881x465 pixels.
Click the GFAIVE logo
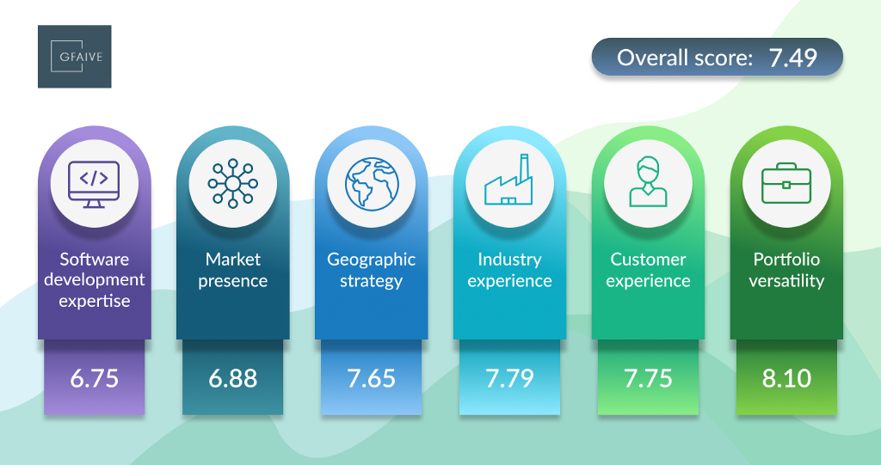[75, 56]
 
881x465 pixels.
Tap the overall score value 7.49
[792, 58]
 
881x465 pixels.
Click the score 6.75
[95, 378]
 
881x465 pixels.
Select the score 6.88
[232, 378]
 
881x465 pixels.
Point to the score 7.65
[372, 378]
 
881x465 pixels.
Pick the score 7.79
[509, 378]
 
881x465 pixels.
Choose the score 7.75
[648, 378]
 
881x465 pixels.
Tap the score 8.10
[786, 378]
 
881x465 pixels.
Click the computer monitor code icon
[94, 184]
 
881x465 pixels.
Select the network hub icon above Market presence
[232, 184]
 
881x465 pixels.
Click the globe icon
[372, 184]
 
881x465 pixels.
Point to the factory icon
[508, 180]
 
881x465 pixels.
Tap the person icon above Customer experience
[649, 182]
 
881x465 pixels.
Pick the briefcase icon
[786, 183]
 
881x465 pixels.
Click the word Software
[95, 259]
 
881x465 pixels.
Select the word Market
[232, 259]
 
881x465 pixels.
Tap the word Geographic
[372, 260]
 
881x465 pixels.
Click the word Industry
[509, 260]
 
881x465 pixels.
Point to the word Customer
[648, 259]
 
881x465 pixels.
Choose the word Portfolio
[786, 259]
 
